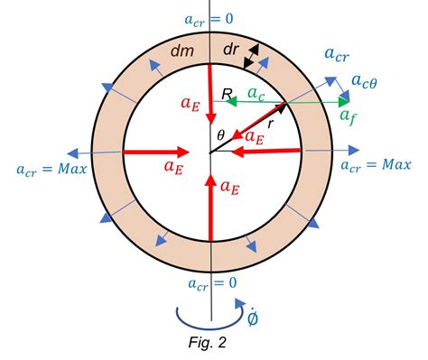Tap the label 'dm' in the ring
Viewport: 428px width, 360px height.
(x=181, y=53)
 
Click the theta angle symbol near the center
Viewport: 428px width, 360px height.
(x=219, y=135)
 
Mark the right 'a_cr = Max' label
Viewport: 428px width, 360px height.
(x=375, y=165)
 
